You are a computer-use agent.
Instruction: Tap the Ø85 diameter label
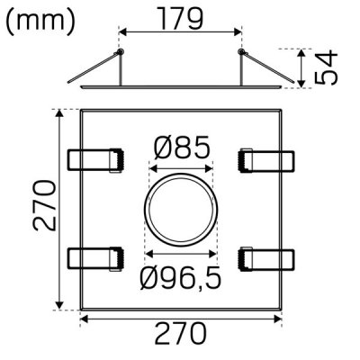[x=181, y=146]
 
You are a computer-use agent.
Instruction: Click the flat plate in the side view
[x=180, y=88]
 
